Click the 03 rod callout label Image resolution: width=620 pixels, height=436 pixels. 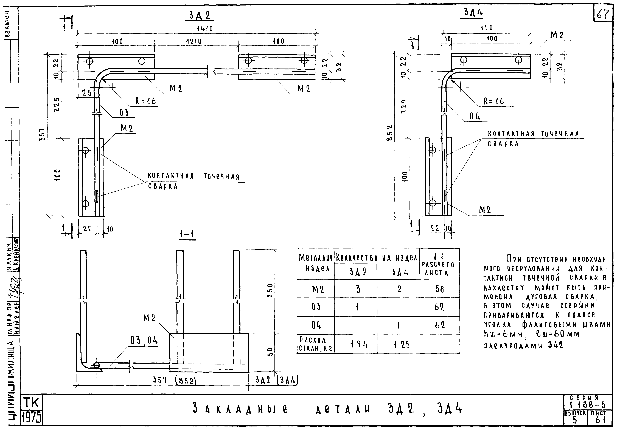click(x=124, y=113)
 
